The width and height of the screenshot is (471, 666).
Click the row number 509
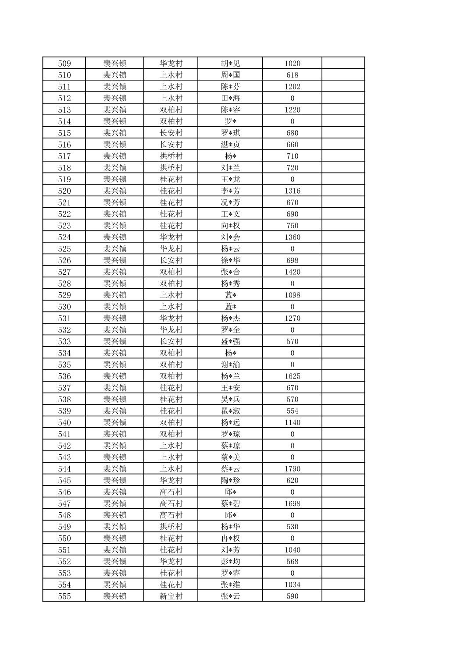pyautogui.click(x=64, y=63)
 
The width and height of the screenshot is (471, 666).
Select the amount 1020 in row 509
pyautogui.click(x=292, y=63)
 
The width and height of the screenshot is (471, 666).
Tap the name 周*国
pyautogui.click(x=230, y=75)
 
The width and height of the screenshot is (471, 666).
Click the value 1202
pyautogui.click(x=292, y=86)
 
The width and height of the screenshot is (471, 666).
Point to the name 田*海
pyautogui.click(x=230, y=98)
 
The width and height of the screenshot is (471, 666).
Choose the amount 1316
pyautogui.click(x=292, y=191)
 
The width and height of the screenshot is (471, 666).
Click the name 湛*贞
pyautogui.click(x=230, y=145)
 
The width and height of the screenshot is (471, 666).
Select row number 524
pyautogui.click(x=64, y=237)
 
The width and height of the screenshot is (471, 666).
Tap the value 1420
pyautogui.click(x=292, y=272)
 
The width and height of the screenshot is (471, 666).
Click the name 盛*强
pyautogui.click(x=230, y=341)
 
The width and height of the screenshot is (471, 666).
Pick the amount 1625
pyautogui.click(x=292, y=376)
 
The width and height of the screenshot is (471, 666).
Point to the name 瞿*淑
pyautogui.click(x=230, y=411)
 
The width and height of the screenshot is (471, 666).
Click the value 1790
pyautogui.click(x=292, y=469)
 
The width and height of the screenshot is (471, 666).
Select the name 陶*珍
pyautogui.click(x=230, y=480)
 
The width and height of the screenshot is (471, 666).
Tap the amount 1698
pyautogui.click(x=292, y=503)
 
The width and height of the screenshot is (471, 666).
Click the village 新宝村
pyautogui.click(x=171, y=596)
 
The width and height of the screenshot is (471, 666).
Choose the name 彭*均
pyautogui.click(x=230, y=561)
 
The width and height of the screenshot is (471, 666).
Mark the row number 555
pyautogui.click(x=64, y=596)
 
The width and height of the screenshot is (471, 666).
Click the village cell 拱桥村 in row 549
pyautogui.click(x=171, y=527)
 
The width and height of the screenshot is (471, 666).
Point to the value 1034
pyautogui.click(x=292, y=585)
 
